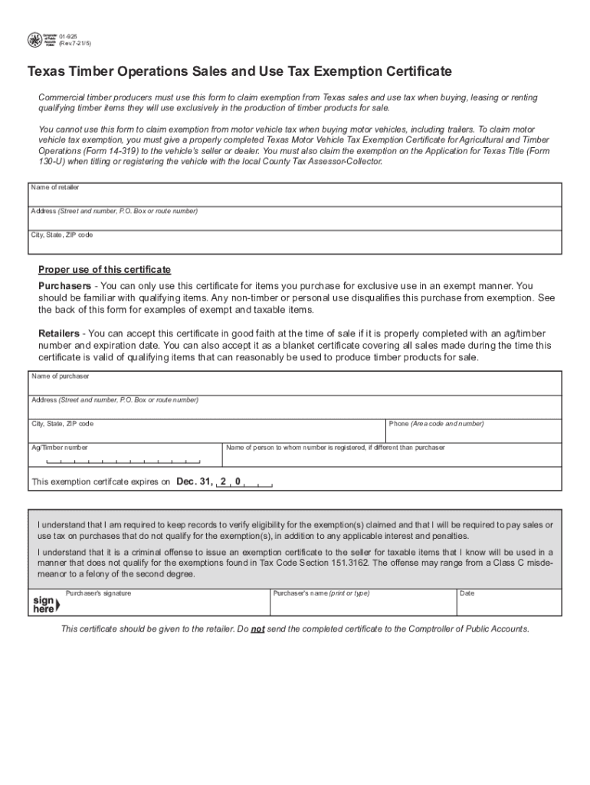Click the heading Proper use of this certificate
pos(105,270)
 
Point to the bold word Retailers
pos(59,333)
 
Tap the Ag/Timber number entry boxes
pos(123,461)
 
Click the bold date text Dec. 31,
pos(195,482)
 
